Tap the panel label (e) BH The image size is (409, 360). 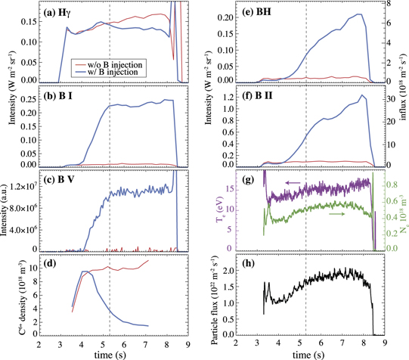[x=257, y=13]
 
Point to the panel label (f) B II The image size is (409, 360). [x=259, y=98]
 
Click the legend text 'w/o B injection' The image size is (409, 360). [x=113, y=65]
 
